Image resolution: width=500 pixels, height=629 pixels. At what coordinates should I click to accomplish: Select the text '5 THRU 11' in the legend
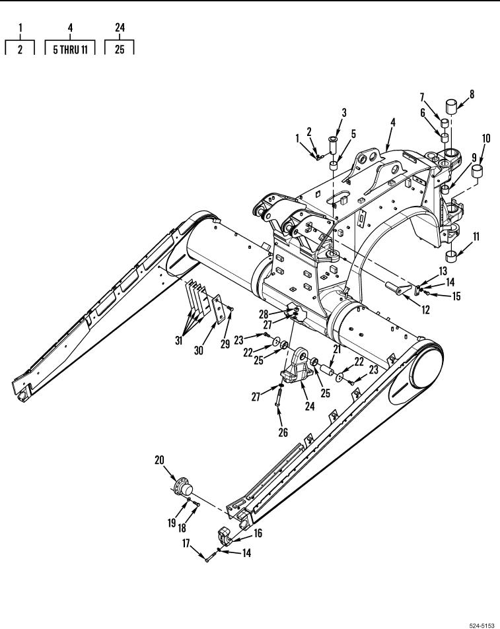click(70, 50)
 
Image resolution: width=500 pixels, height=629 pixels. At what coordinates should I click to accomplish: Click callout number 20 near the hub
click(159, 460)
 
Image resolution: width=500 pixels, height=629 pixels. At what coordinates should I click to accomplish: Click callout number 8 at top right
click(472, 94)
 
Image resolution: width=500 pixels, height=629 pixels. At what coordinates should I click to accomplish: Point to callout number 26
click(283, 432)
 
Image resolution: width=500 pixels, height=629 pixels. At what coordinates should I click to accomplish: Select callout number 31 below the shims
click(178, 341)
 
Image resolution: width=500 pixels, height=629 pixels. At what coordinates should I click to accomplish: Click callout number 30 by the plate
click(198, 350)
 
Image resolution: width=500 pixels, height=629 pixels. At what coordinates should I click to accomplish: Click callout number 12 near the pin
click(425, 310)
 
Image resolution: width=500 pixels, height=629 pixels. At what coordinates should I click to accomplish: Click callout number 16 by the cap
click(258, 533)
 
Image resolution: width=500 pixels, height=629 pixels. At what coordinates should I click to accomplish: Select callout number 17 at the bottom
click(186, 544)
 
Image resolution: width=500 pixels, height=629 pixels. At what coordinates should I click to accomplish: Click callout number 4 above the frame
click(393, 122)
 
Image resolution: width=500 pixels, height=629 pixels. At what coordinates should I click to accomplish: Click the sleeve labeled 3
click(333, 145)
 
